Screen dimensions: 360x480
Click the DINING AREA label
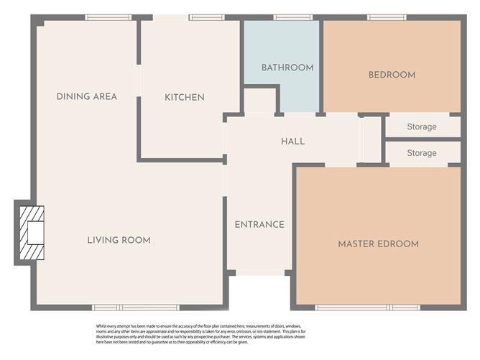pyautogui.click(x=86, y=96)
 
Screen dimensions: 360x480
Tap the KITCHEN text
pyautogui.click(x=185, y=97)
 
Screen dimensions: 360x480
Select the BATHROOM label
pyautogui.click(x=287, y=68)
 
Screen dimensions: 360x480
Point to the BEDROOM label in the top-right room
pyautogui.click(x=392, y=75)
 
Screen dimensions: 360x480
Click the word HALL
pyautogui.click(x=292, y=141)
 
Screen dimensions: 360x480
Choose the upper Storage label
pyautogui.click(x=422, y=127)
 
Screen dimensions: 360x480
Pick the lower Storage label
pyautogui.click(x=422, y=153)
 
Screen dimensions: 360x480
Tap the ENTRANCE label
pyautogui.click(x=259, y=224)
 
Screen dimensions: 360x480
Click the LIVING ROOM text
pyautogui.click(x=119, y=240)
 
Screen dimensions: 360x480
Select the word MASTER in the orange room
pyautogui.click(x=356, y=244)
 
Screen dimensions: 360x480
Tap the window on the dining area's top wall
pyautogui.click(x=107, y=17)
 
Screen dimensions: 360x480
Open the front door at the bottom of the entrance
pyautogui.click(x=259, y=272)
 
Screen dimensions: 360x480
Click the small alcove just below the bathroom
pyautogui.click(x=260, y=101)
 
